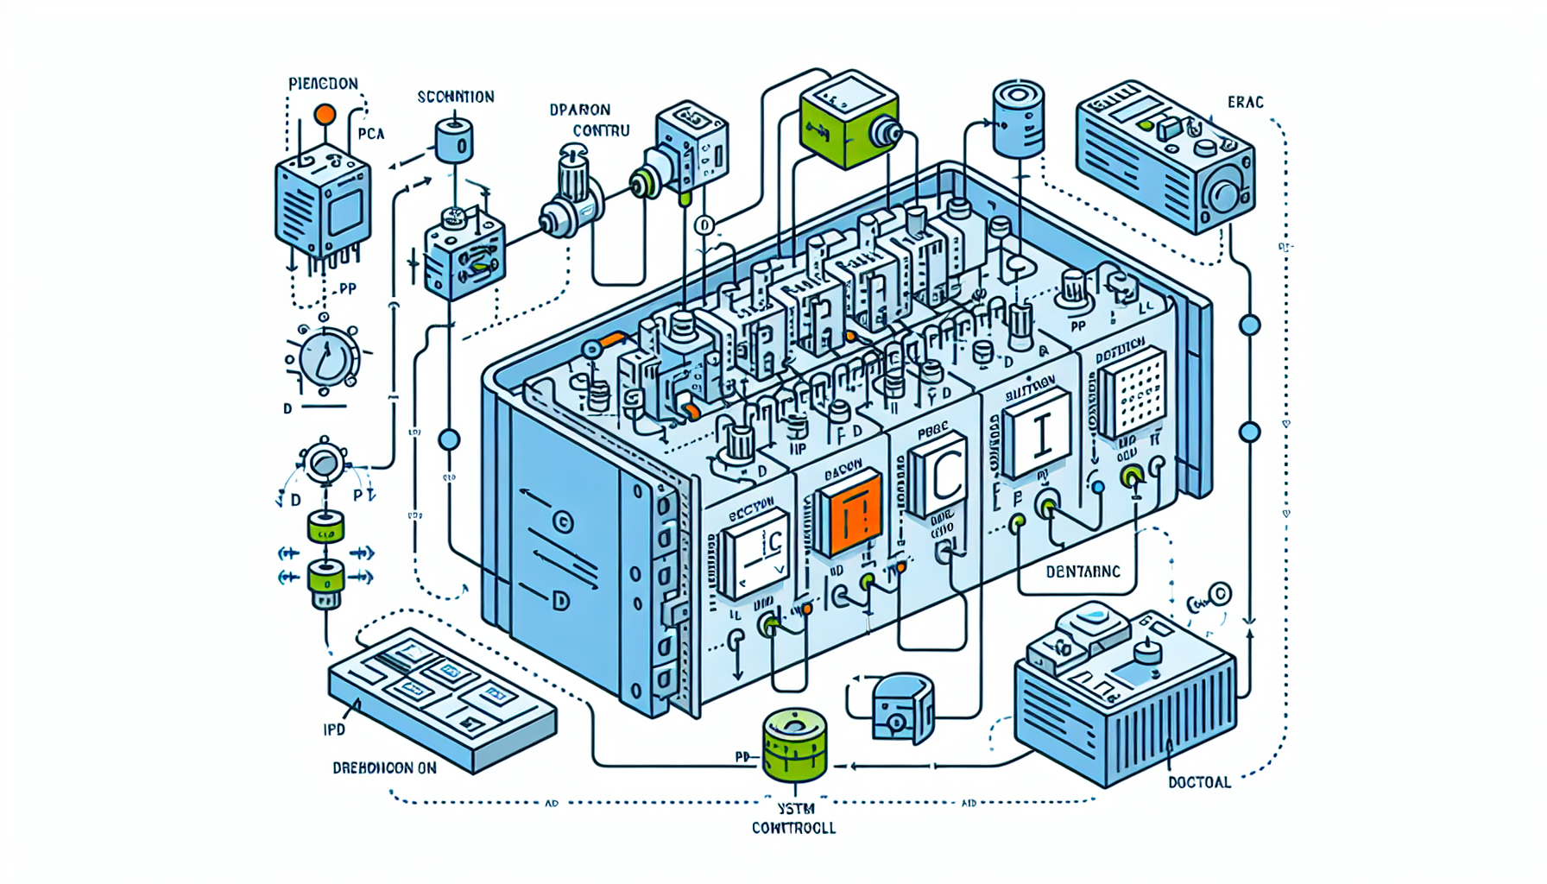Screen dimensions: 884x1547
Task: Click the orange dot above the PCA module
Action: pyautogui.click(x=325, y=114)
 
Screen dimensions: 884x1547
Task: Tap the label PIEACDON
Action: pyautogui.click(x=323, y=84)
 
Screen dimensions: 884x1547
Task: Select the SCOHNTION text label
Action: pyautogui.click(x=456, y=97)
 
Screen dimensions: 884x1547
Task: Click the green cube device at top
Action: pyautogui.click(x=848, y=118)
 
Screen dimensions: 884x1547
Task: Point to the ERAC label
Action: pyautogui.click(x=1245, y=102)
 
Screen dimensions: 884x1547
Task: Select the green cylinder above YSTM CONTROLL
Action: pyautogui.click(x=795, y=744)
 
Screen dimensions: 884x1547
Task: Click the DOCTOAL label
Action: pyautogui.click(x=1199, y=782)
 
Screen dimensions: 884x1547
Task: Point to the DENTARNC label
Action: pyautogui.click(x=1083, y=571)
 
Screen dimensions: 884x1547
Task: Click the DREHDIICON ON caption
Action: pyautogui.click(x=384, y=767)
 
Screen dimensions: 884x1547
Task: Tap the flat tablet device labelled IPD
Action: pyautogui.click(x=441, y=696)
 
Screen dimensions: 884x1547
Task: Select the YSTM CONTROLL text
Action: pyautogui.click(x=793, y=818)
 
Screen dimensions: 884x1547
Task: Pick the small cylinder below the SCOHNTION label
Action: pyautogui.click(x=454, y=141)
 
